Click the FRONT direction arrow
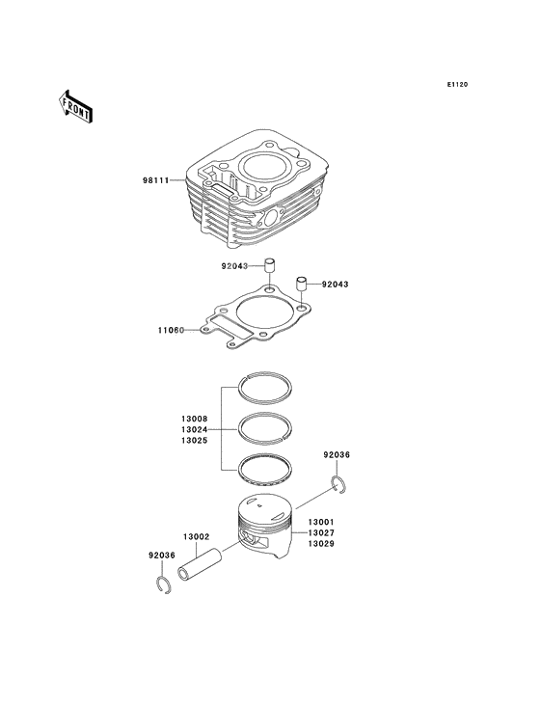click(75, 106)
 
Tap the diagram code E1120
click(457, 84)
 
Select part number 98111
click(155, 180)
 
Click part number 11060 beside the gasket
click(171, 330)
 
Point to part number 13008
click(195, 419)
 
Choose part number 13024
click(195, 429)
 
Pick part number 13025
click(195, 441)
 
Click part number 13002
click(196, 537)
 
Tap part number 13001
click(321, 523)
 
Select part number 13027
click(321, 533)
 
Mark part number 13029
click(321, 544)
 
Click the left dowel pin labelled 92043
click(269, 265)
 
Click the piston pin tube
click(201, 563)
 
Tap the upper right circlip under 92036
click(335, 482)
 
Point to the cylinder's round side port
click(270, 219)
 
